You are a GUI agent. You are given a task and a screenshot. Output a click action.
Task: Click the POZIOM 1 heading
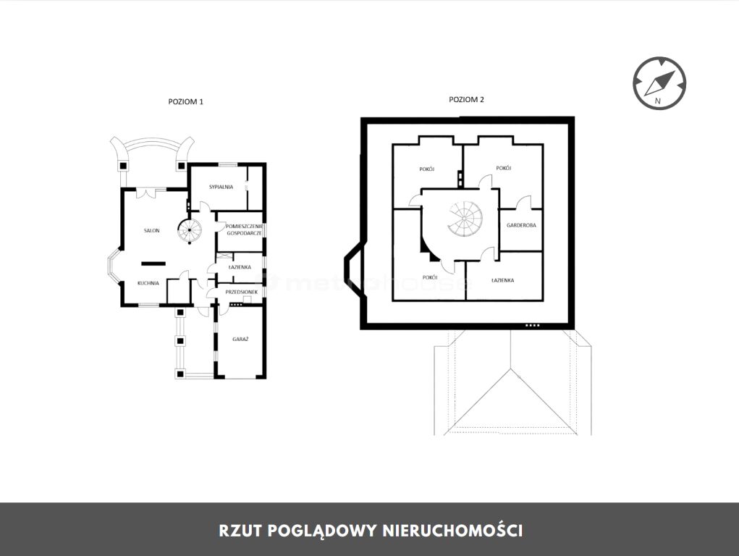[186, 101]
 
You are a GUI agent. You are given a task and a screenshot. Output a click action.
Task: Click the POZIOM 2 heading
[466, 99]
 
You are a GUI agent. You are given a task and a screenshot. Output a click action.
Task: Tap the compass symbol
[659, 83]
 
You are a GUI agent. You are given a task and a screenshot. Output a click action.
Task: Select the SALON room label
[152, 231]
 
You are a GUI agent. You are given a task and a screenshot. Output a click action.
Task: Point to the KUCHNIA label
[148, 283]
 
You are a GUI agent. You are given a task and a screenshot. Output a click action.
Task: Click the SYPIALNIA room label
[221, 187]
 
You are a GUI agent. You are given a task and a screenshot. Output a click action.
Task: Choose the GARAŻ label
[240, 339]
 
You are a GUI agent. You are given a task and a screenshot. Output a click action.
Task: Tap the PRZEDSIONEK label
[242, 292]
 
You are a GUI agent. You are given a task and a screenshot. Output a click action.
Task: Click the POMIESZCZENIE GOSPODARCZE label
[244, 229]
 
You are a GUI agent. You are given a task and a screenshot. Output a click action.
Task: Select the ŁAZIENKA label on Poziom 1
[240, 267]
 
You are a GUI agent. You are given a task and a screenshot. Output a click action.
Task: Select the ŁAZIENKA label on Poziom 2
[502, 280]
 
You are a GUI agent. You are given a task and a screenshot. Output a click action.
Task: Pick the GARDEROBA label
[521, 225]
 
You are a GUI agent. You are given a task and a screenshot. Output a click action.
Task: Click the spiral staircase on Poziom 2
[465, 219]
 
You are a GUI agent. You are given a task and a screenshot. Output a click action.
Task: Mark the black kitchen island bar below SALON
[153, 263]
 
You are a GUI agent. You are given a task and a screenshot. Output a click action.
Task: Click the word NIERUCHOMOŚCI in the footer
[452, 531]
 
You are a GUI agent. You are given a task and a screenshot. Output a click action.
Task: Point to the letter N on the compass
[658, 101]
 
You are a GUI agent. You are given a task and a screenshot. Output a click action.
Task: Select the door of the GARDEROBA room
[523, 203]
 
